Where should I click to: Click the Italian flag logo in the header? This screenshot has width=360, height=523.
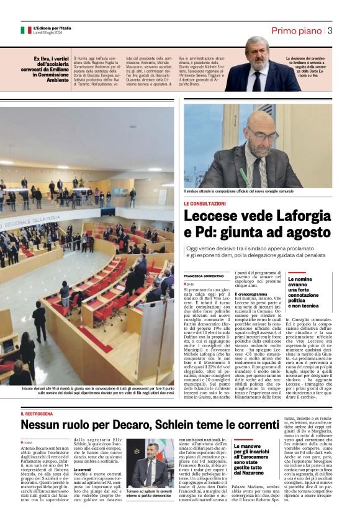pos(26,30)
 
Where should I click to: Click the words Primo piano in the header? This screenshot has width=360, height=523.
pos(297,30)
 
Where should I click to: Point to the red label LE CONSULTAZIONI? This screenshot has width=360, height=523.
pos(204,203)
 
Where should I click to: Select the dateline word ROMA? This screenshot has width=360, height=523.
pos(29,442)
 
